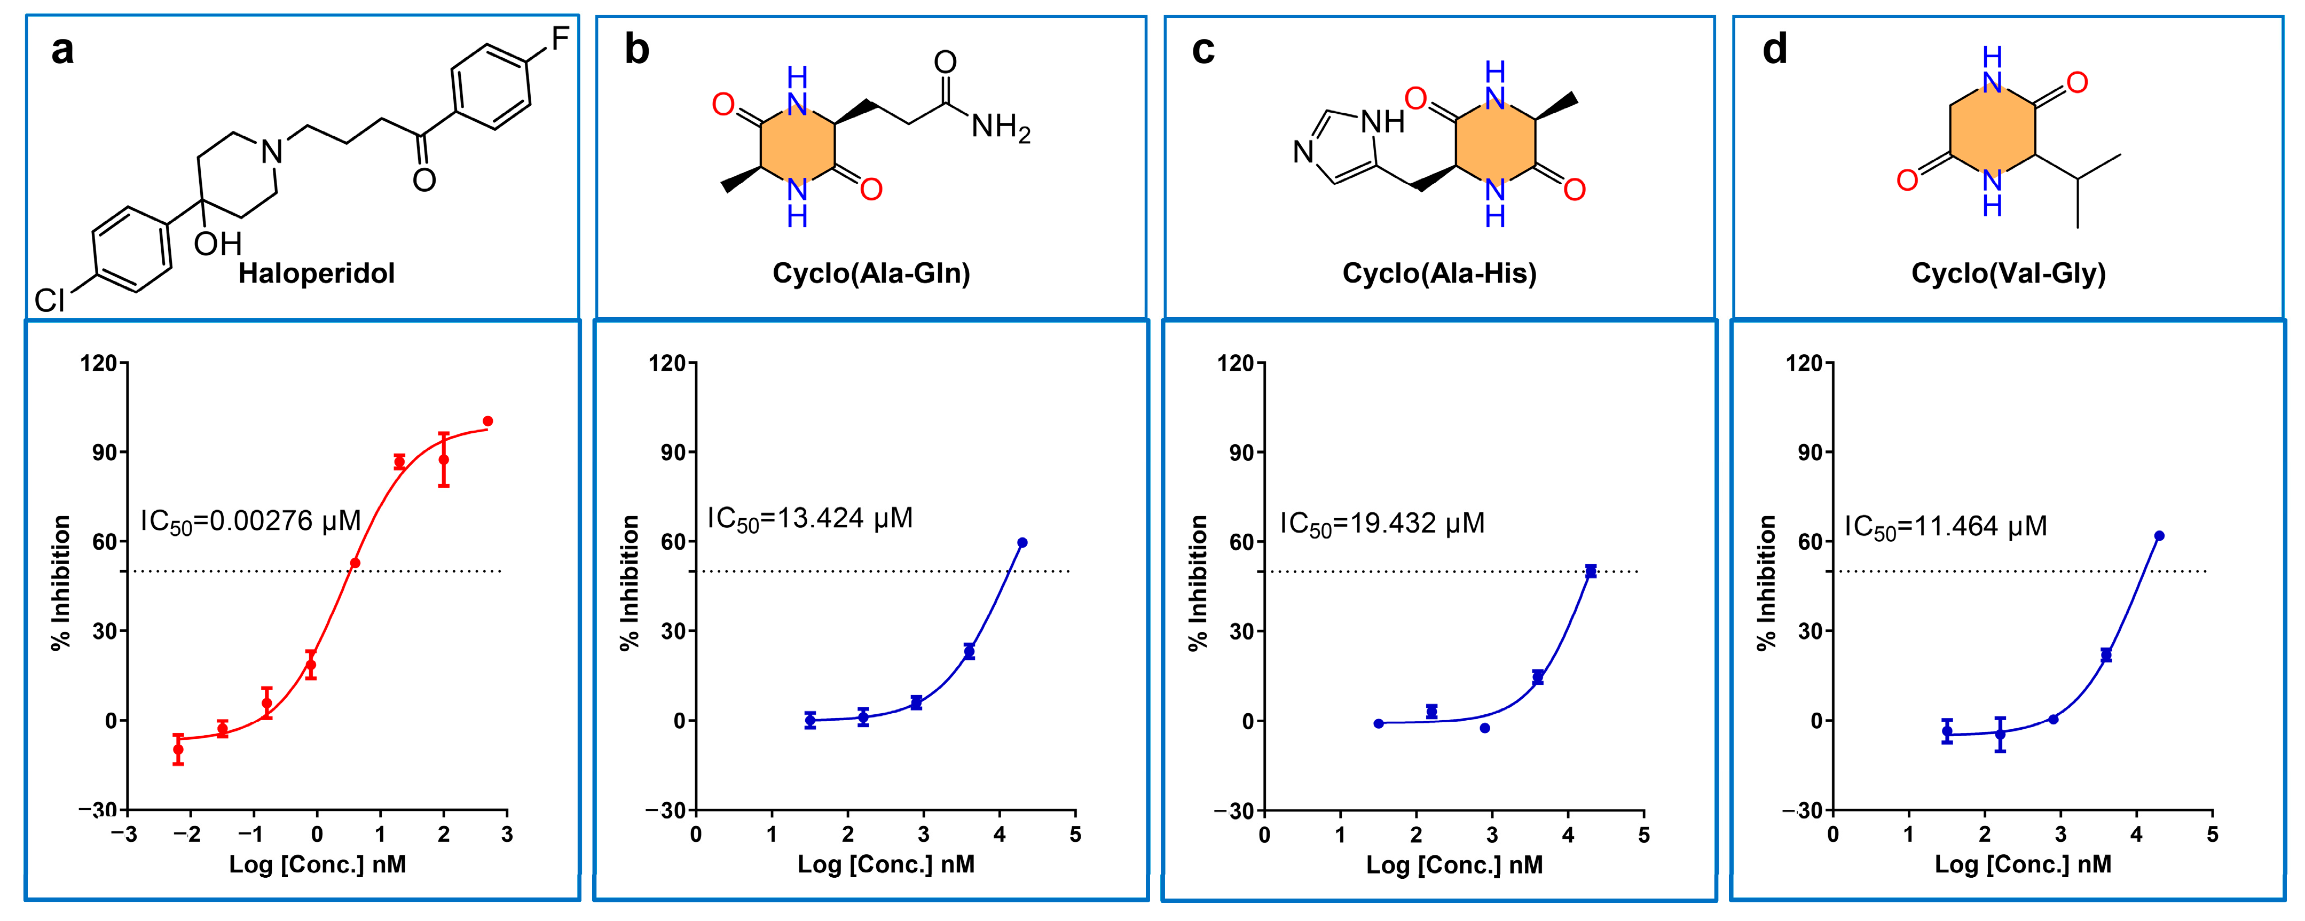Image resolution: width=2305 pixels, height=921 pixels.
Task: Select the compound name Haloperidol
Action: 316,273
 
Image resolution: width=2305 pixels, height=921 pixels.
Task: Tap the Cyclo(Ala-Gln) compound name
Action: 871,273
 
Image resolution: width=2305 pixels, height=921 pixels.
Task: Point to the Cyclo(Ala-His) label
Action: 1439,273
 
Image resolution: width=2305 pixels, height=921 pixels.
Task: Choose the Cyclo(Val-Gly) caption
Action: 2008,273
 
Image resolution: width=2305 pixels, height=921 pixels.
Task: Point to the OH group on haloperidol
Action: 217,244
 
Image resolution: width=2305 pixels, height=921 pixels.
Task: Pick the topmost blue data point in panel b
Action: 1022,542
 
